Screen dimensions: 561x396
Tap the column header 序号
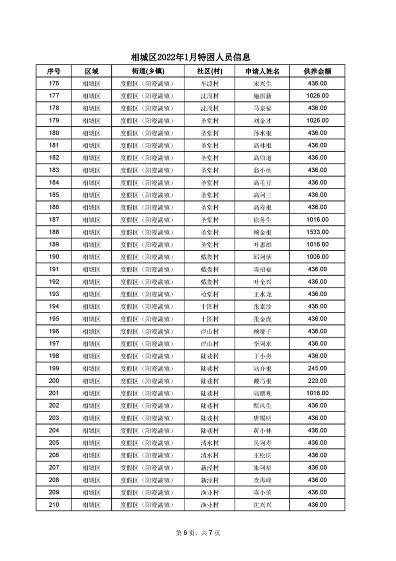(54, 71)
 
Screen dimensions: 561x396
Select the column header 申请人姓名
(262, 71)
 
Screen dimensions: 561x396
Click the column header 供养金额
(317, 71)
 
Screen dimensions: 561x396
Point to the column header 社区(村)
(210, 71)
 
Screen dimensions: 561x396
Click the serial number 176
(54, 83)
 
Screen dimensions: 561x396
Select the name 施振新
(262, 96)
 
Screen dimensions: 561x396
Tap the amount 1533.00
(317, 232)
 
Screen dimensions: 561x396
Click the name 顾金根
(262, 232)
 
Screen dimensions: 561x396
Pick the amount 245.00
(317, 368)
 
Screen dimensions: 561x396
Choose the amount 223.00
(317, 381)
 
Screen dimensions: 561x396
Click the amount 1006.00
(317, 257)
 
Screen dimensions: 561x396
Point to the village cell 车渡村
(210, 83)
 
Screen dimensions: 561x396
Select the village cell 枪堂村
(210, 294)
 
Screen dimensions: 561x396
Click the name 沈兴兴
(262, 505)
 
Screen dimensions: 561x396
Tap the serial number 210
(54, 505)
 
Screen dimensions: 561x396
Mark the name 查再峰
(262, 480)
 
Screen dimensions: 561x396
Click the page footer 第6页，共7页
(198, 533)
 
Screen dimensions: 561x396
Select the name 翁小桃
(262, 170)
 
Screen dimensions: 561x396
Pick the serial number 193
(54, 294)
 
